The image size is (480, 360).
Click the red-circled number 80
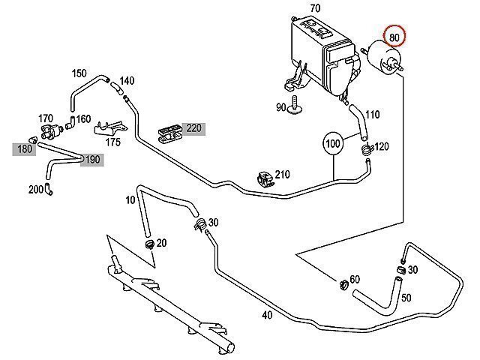tap(394, 36)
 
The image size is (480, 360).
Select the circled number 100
tap(333, 142)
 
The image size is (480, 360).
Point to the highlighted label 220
tap(195, 128)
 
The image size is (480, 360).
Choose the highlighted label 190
tap(91, 159)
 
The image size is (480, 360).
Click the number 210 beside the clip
tap(282, 175)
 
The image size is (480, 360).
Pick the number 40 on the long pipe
tap(266, 315)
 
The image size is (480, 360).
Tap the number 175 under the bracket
tap(113, 141)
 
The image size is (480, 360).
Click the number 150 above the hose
tap(79, 73)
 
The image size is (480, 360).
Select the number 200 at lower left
tap(36, 189)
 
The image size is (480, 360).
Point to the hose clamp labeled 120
tap(366, 148)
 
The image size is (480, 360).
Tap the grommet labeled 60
tap(341, 283)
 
